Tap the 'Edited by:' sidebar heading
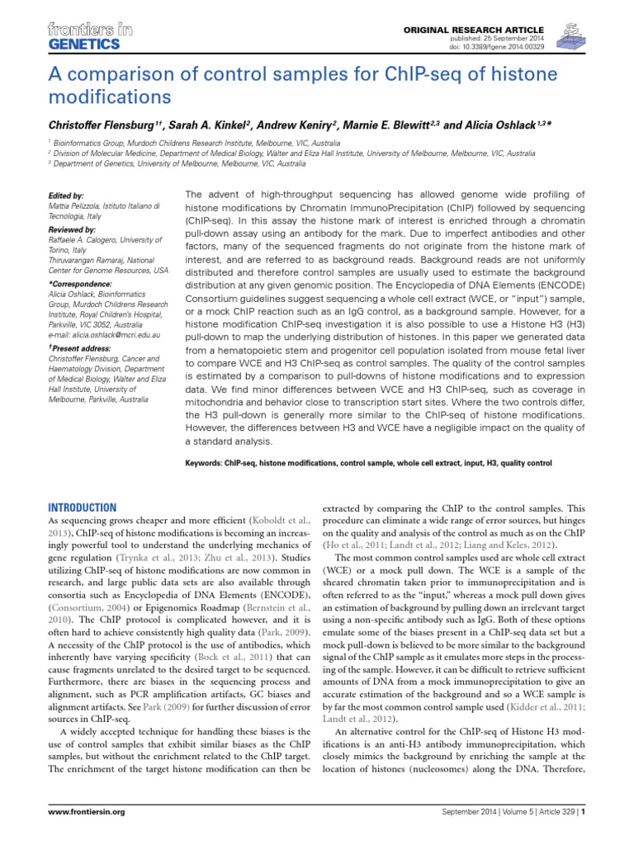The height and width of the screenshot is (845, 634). coord(67,196)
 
